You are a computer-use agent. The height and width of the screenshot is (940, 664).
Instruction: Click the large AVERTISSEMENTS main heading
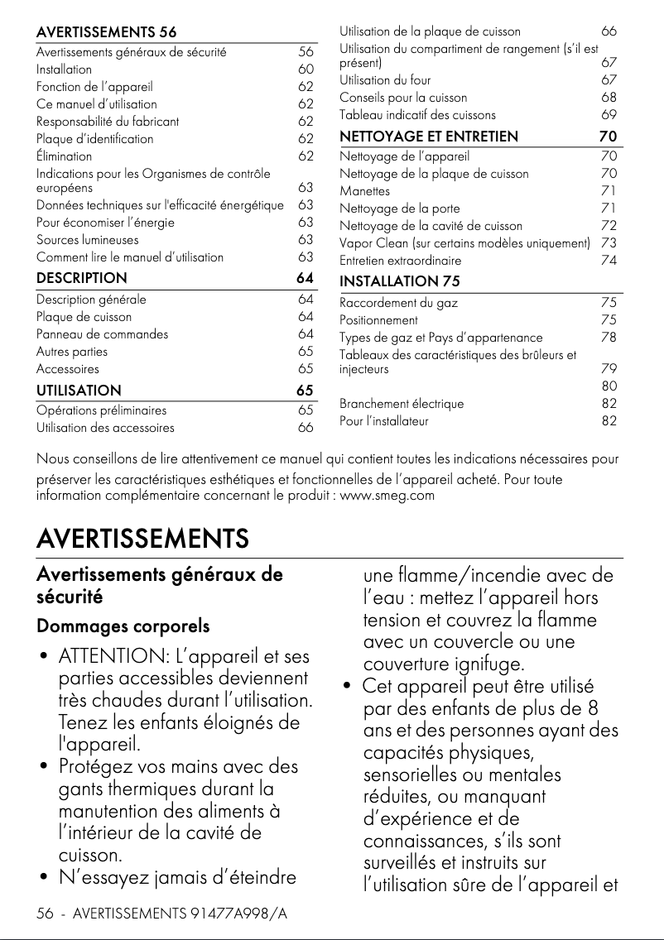(x=142, y=539)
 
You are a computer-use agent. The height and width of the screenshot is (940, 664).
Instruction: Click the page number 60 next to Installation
(x=306, y=70)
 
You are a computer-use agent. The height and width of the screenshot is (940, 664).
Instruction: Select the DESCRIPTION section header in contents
(x=82, y=278)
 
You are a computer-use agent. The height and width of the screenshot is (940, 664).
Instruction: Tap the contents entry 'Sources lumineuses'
(x=75, y=240)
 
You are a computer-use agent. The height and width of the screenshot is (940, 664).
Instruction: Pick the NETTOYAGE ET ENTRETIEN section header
(x=429, y=137)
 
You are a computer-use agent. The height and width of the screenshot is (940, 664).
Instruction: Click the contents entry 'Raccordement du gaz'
(x=398, y=303)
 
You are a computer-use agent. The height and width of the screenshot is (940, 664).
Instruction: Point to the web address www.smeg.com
(x=387, y=496)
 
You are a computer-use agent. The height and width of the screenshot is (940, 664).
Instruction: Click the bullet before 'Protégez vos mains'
(x=42, y=768)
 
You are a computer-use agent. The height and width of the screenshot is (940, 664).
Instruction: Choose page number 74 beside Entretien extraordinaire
(x=609, y=261)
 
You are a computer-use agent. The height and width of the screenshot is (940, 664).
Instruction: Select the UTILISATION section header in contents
(x=79, y=390)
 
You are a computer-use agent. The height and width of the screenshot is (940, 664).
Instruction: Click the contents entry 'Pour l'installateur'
(x=384, y=421)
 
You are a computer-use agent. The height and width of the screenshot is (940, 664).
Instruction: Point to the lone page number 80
(x=609, y=386)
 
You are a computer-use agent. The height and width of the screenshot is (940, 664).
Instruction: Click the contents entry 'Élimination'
(x=64, y=156)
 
